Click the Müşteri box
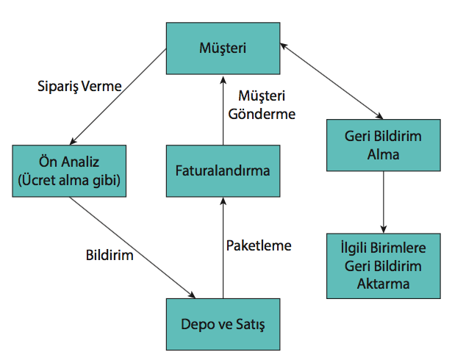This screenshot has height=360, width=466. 222,48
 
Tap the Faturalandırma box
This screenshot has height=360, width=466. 222,170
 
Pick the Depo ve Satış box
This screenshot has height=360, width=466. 222,323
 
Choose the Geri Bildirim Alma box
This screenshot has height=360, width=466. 382,145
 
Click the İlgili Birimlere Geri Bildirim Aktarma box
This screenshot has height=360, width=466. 382,264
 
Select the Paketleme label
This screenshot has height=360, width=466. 258,245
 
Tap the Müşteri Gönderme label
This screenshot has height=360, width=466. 262,105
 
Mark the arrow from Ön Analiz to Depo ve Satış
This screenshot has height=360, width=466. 132,248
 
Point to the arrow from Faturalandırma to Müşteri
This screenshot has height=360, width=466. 222,110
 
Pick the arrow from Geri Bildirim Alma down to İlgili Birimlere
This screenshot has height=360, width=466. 382,200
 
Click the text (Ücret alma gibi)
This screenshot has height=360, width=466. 68,179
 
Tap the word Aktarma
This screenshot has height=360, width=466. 382,282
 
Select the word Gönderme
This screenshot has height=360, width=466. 262,114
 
